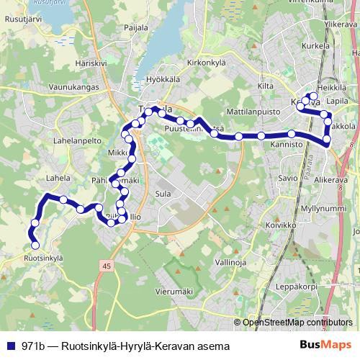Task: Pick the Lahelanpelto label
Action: point(74,143)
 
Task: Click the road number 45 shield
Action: point(107,266)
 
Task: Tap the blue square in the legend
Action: point(11,346)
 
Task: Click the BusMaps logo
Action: point(325,345)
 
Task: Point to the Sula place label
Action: point(163,194)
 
